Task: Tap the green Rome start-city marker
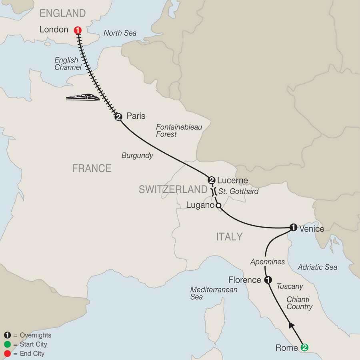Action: click(304, 348)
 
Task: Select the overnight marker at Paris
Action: click(118, 117)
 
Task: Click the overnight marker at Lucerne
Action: click(212, 180)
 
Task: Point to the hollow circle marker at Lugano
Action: click(218, 206)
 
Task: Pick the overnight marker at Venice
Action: click(293, 228)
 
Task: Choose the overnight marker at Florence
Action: click(268, 280)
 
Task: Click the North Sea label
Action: click(120, 33)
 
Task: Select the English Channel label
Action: click(68, 64)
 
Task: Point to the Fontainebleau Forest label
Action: click(179, 131)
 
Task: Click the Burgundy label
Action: click(137, 156)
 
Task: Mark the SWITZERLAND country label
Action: click(173, 190)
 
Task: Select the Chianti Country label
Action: click(299, 303)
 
